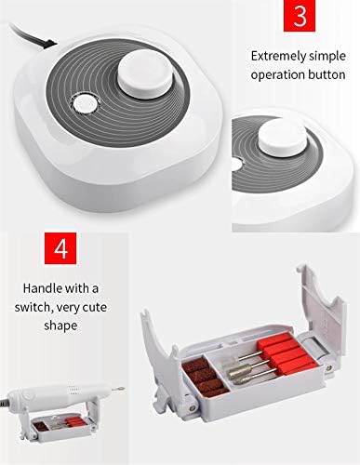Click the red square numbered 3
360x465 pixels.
click(x=300, y=16)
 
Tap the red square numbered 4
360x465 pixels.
click(x=60, y=248)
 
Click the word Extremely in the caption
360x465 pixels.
click(x=278, y=57)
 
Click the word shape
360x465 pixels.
click(x=60, y=326)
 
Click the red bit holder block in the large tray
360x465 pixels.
click(x=287, y=353)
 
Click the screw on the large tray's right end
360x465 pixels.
click(x=327, y=368)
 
